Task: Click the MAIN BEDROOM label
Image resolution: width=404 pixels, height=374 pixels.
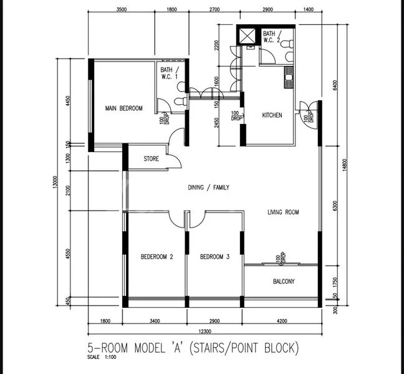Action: point(123,108)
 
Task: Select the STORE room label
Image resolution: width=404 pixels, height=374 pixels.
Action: point(151,159)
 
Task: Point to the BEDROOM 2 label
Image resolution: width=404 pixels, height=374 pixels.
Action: point(156,256)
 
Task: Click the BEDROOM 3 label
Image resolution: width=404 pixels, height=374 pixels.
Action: point(214,256)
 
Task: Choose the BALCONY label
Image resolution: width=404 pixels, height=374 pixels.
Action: point(284,282)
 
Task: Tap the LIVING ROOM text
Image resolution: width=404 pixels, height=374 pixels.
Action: point(283,213)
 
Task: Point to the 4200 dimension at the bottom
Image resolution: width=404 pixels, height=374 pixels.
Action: point(281,321)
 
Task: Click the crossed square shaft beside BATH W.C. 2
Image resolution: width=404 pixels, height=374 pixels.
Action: point(248,36)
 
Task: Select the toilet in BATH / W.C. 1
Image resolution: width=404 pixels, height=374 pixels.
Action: point(180,103)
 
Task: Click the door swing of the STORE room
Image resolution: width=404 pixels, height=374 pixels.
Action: point(177,138)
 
